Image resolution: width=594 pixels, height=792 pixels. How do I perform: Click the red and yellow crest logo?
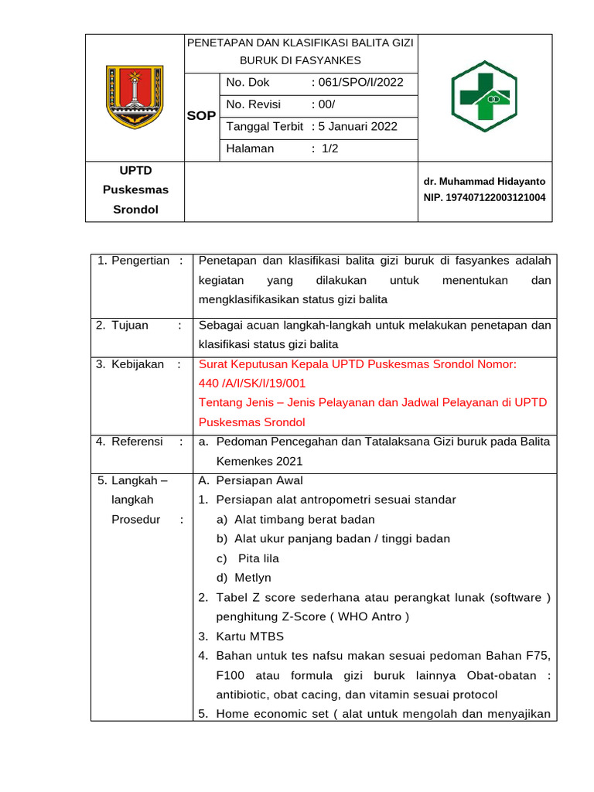(x=135, y=97)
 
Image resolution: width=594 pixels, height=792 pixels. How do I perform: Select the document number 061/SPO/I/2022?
(x=360, y=82)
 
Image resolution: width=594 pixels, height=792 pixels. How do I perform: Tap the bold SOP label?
(x=201, y=116)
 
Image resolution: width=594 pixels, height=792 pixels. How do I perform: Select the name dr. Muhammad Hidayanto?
(x=484, y=182)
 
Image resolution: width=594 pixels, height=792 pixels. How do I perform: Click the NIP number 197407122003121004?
(x=484, y=197)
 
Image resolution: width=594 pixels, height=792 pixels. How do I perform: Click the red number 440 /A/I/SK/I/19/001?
(x=252, y=384)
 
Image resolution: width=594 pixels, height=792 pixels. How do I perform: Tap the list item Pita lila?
(x=258, y=558)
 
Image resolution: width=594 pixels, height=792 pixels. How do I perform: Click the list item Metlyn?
(x=253, y=578)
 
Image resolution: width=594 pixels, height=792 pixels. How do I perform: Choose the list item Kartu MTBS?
(x=250, y=637)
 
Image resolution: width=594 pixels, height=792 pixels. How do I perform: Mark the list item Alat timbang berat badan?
(x=304, y=520)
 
